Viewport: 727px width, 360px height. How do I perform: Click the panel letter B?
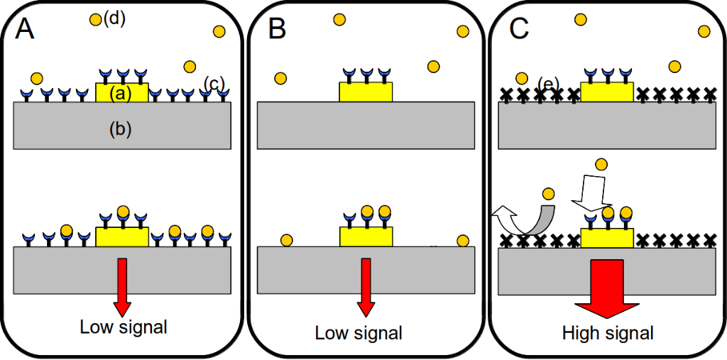278,29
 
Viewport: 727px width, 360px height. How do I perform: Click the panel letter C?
520,29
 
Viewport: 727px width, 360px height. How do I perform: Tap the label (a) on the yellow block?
122,93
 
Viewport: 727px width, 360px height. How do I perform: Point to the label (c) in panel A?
214,84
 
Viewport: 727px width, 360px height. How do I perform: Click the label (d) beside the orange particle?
114,19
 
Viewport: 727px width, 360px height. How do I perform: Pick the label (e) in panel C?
546,84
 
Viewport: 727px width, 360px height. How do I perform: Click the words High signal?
608,332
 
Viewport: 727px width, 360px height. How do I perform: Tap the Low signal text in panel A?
124,327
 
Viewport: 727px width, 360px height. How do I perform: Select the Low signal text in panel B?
359,332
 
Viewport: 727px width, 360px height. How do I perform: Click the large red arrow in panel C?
606,288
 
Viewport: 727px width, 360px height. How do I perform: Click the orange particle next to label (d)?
96,20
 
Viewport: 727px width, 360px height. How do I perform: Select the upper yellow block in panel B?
366,92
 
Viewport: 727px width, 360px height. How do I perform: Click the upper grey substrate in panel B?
366,126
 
